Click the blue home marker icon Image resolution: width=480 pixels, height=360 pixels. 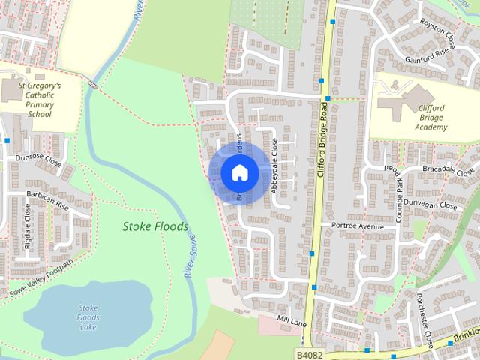click(x=239, y=172)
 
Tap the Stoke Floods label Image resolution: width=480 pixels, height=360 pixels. click(x=156, y=226)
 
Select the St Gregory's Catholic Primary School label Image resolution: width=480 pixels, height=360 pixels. click(x=40, y=100)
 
